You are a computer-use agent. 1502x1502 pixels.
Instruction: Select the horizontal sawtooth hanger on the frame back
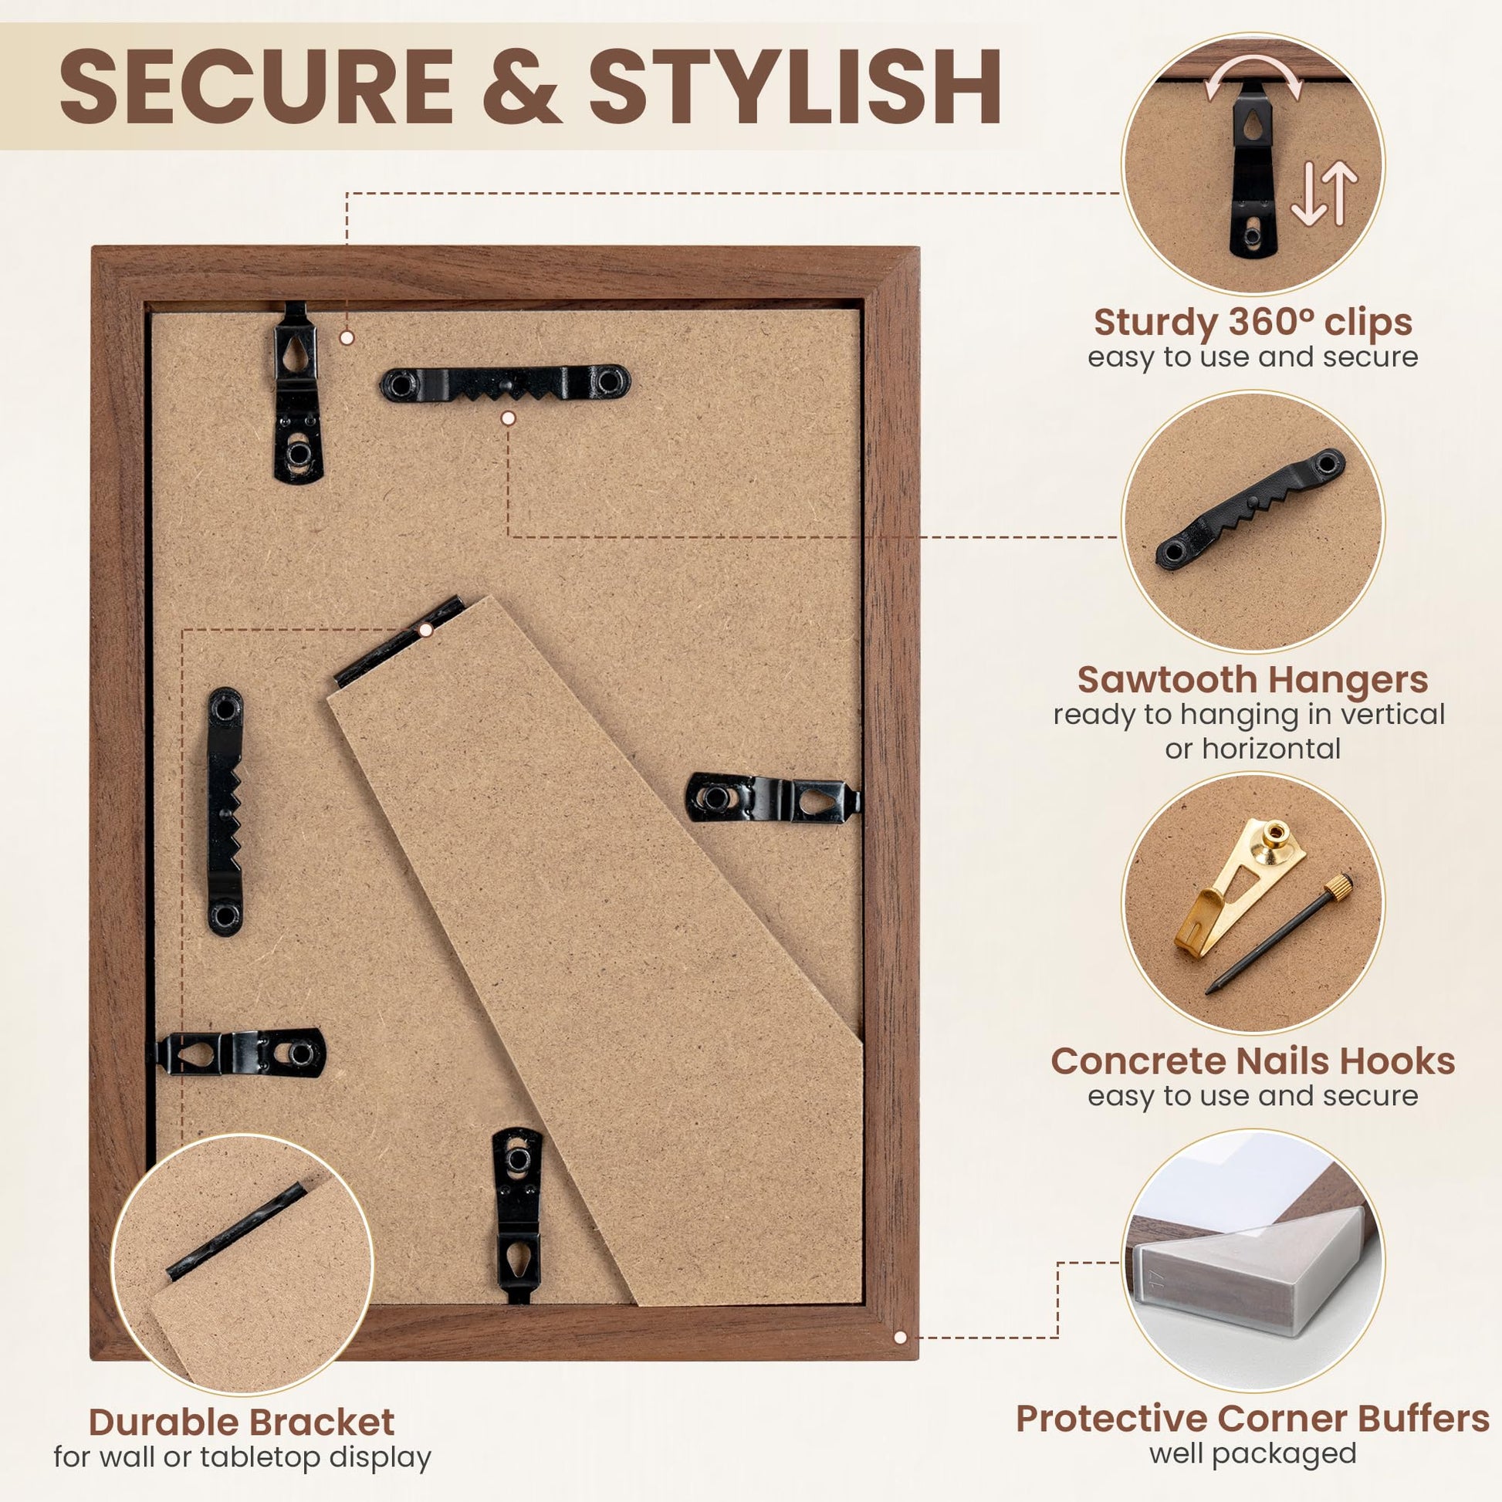point(506,384)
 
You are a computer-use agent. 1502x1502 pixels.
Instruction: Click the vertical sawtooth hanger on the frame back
point(225,810)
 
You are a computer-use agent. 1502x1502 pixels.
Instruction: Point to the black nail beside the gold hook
point(1280,932)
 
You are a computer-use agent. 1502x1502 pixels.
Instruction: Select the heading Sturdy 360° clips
point(1253,323)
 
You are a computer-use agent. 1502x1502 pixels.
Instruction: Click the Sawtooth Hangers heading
point(1253,679)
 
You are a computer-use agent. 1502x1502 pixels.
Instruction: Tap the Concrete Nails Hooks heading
point(1253,1061)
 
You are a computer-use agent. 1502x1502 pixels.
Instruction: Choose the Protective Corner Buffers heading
point(1253,1419)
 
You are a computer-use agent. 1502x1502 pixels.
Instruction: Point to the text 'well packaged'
point(1253,1453)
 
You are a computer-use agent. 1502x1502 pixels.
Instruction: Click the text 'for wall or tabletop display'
point(242,1457)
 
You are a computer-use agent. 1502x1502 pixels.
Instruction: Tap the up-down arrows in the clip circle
point(1324,195)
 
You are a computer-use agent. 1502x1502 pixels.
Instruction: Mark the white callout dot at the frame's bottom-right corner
point(900,1337)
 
